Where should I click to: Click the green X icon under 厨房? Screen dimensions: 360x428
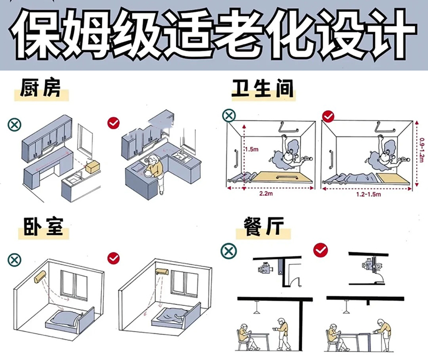pyautogui.click(x=15, y=124)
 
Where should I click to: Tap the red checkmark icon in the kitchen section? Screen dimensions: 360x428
pyautogui.click(x=113, y=123)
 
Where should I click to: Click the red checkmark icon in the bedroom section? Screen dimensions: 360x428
pyautogui.click(x=113, y=258)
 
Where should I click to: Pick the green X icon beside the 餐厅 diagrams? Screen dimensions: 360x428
pyautogui.click(x=228, y=250)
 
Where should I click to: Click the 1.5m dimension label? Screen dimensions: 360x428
pyautogui.click(x=251, y=149)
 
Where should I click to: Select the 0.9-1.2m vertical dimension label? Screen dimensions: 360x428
pyautogui.click(x=422, y=150)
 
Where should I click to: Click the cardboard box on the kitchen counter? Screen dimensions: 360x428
pyautogui.click(x=93, y=166)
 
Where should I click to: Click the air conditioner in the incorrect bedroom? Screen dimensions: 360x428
pyautogui.click(x=41, y=277)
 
